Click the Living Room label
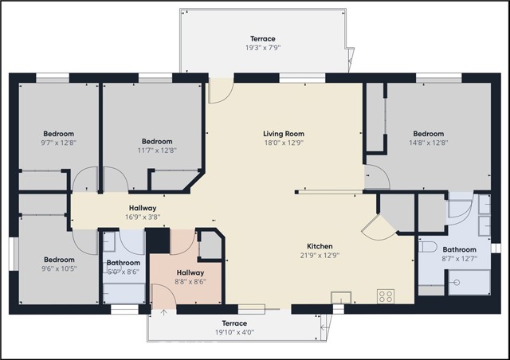tap(284, 134)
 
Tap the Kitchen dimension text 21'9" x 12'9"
tap(320, 256)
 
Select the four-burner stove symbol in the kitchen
tap(386, 296)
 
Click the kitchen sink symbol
tap(341, 298)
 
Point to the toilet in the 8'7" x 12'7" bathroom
tap(427, 247)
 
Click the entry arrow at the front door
tap(164, 312)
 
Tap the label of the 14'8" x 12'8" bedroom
tap(429, 134)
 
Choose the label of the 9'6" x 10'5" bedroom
tap(59, 260)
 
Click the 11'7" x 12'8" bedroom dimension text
tap(157, 151)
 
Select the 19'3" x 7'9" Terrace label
tap(263, 39)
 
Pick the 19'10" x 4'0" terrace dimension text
tap(234, 332)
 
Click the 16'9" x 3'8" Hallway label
tap(143, 208)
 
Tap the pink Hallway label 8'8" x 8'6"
tap(190, 272)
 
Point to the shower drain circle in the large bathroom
tap(457, 282)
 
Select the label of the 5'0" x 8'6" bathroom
tap(124, 263)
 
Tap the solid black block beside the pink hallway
tap(158, 241)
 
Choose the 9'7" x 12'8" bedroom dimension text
tap(58, 143)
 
